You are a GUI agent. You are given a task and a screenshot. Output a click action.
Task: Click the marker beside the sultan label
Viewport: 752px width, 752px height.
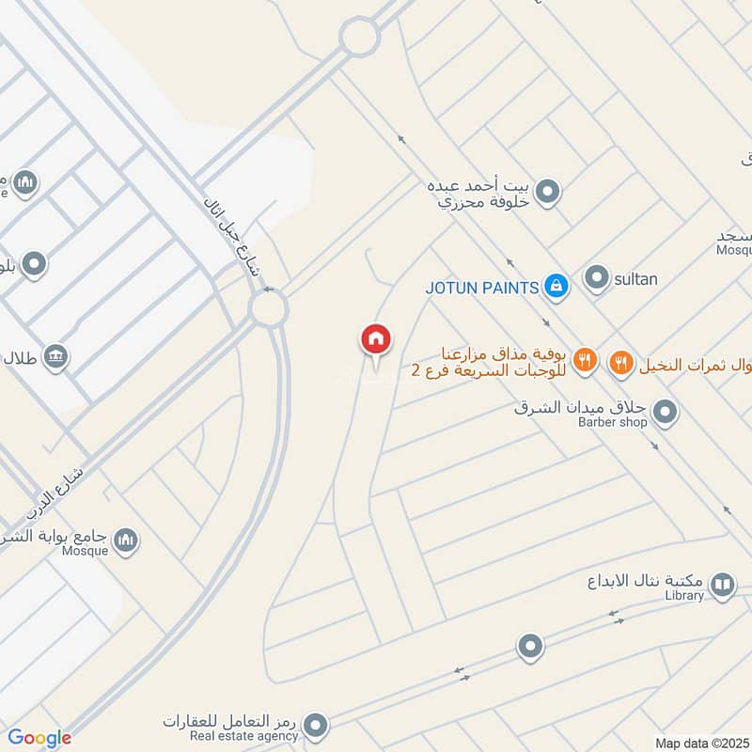596,278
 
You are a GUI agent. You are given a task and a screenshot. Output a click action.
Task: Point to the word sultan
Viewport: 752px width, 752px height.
636,279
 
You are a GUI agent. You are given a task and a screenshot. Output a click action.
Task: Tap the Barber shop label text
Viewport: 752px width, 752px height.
613,423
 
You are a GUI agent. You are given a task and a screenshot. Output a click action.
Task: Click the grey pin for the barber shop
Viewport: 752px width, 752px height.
665,412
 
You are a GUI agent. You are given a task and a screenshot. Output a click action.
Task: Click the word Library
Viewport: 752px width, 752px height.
683,595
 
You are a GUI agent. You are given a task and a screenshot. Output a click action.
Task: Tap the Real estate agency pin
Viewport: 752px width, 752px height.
316,724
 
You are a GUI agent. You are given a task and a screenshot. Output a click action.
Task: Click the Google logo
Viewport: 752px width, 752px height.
39,738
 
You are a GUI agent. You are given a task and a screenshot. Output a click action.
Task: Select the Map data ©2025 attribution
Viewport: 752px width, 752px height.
699,743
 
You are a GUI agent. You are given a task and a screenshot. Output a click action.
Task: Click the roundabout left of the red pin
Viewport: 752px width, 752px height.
269,309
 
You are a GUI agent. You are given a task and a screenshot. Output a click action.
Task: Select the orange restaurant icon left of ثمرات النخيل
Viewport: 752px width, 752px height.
620,362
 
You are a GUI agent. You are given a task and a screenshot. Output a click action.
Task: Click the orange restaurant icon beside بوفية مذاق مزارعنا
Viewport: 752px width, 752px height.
585,360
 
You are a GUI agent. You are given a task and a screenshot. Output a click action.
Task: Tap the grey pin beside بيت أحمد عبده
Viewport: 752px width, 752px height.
550,195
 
